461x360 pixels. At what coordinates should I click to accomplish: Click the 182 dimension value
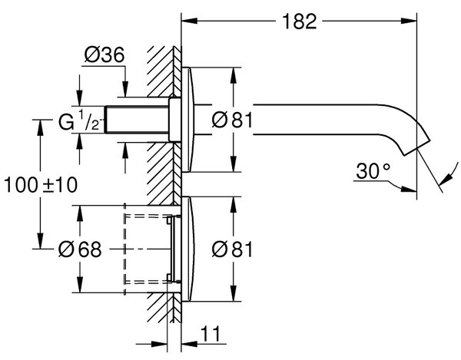click(300, 21)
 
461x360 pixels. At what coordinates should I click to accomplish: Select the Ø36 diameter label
click(104, 54)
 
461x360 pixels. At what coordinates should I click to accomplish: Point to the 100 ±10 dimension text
click(41, 185)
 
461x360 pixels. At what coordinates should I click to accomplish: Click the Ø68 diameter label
click(80, 249)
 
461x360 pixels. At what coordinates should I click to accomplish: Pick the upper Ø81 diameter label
click(232, 120)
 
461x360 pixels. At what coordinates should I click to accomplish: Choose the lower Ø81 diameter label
click(232, 249)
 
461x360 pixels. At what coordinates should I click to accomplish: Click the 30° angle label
click(373, 171)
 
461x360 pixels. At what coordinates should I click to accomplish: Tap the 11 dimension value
click(211, 334)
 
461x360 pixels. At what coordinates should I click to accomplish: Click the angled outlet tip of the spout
click(416, 146)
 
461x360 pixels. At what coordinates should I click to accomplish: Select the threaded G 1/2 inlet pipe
click(137, 120)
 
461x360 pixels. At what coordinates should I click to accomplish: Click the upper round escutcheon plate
click(188, 120)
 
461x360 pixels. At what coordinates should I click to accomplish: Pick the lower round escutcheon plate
click(188, 249)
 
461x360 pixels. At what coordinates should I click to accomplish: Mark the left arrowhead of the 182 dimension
click(190, 21)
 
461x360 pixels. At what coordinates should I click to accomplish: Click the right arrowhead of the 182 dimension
click(409, 21)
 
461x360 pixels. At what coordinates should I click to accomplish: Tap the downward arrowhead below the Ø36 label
click(125, 89)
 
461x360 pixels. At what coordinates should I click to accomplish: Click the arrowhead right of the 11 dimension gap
click(190, 344)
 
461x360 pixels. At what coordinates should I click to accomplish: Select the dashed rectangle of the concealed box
click(125, 249)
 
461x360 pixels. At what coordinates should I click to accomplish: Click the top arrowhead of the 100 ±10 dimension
click(40, 127)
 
